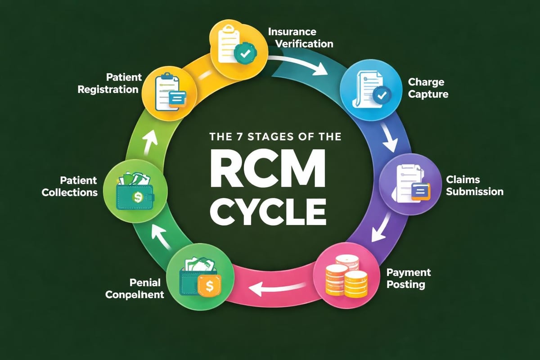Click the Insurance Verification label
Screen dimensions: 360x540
[x=301, y=38]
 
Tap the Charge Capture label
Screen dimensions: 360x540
[x=426, y=88]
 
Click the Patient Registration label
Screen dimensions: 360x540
[x=108, y=83]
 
